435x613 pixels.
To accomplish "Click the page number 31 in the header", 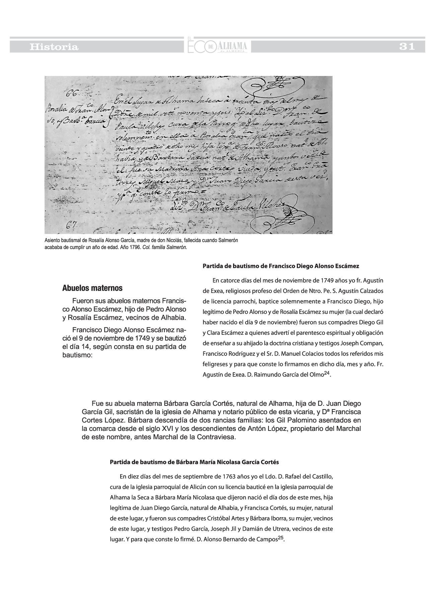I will (x=407, y=47).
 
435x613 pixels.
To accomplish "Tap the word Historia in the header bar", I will (x=54, y=47).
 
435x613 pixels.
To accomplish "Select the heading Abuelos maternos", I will (x=92, y=288).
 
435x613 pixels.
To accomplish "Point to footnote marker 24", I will (x=327, y=373).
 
